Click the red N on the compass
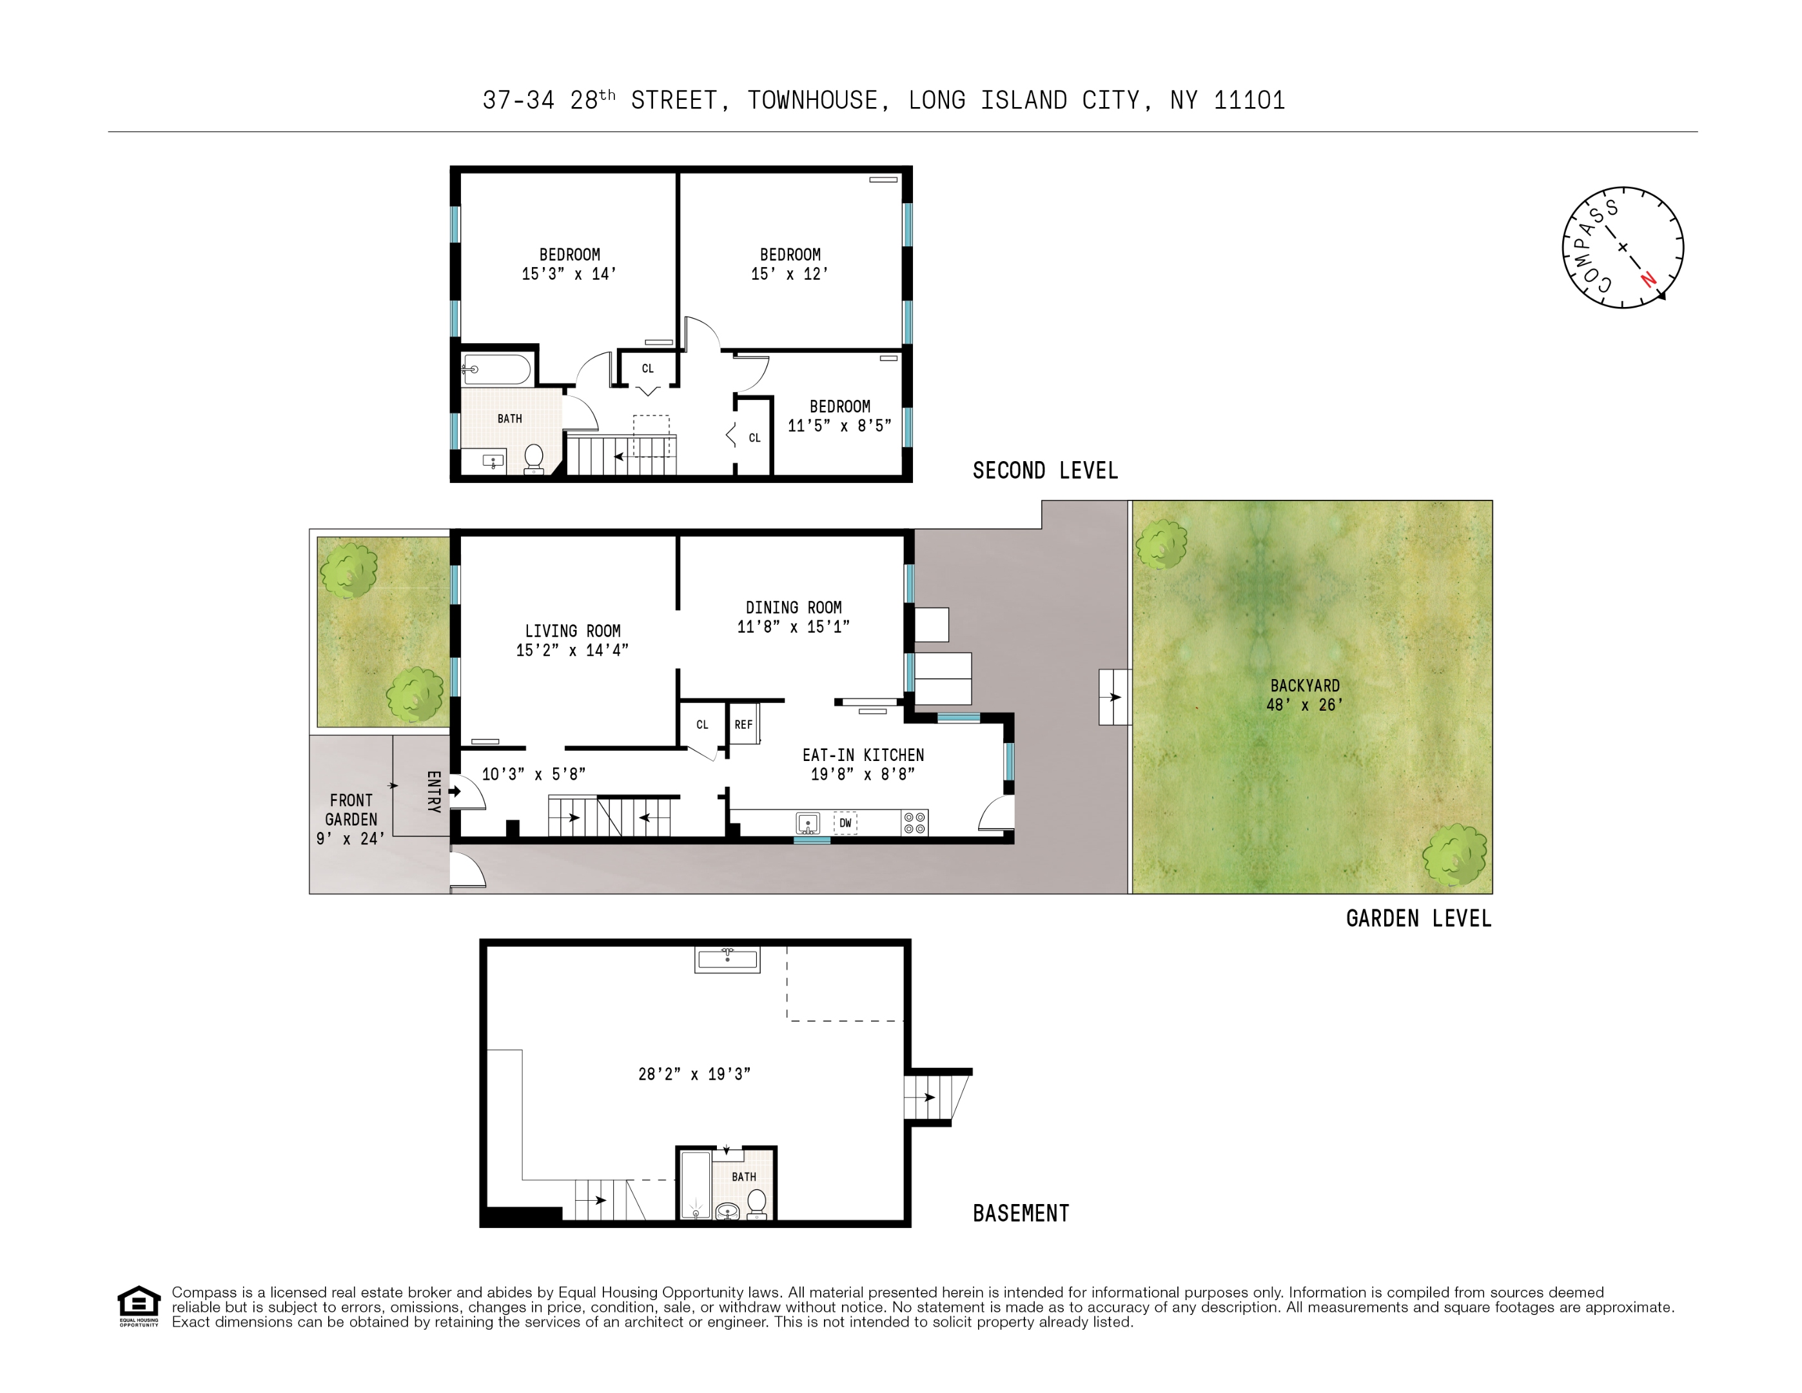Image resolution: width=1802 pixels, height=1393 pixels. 1649,279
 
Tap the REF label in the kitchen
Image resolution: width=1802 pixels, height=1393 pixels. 743,725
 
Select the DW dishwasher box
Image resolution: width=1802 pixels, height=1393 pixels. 845,823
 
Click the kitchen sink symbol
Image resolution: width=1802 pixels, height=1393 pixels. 808,823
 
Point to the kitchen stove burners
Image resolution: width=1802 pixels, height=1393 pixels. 914,823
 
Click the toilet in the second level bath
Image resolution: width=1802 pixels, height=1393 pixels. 534,459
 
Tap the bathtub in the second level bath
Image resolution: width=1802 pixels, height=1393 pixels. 496,370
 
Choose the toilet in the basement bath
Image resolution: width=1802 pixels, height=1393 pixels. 756,1204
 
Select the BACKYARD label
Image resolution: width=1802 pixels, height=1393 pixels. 1304,686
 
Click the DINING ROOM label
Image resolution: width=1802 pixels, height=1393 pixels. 794,608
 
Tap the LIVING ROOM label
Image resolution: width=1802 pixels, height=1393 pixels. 573,631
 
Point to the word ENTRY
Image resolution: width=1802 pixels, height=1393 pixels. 433,791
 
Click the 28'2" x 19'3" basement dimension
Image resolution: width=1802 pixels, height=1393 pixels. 694,1074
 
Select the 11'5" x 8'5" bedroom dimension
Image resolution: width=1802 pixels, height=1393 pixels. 839,426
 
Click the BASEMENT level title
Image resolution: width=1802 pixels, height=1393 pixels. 1021,1213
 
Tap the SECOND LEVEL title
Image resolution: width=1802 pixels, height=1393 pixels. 1045,470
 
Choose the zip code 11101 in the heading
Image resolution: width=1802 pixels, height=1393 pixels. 1249,101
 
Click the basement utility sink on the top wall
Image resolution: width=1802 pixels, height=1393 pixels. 727,960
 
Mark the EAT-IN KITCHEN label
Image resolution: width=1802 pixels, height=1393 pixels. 863,755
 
